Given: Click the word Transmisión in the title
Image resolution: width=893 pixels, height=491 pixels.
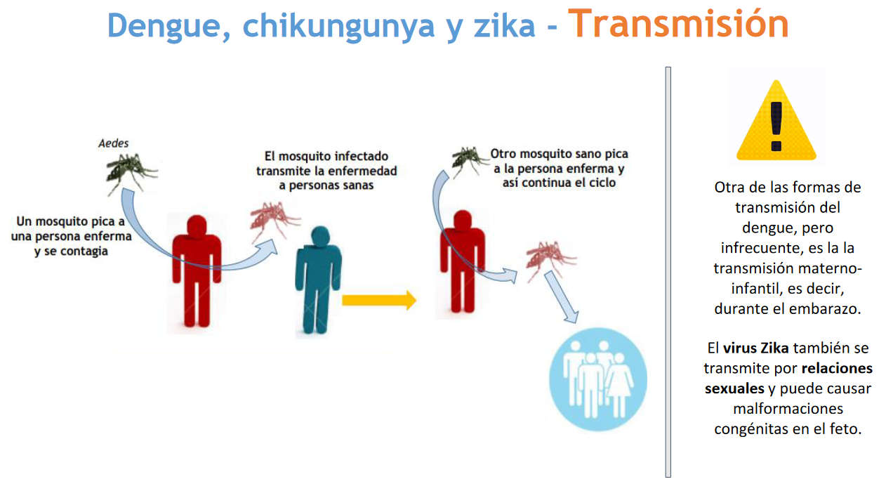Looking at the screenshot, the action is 678,24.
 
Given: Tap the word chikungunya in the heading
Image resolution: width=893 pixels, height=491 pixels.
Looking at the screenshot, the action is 338,26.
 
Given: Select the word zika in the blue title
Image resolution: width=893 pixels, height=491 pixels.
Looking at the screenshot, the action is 505,25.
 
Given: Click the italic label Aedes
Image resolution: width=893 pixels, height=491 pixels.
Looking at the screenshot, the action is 114,143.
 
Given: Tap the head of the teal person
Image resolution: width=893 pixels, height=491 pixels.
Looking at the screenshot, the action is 320,236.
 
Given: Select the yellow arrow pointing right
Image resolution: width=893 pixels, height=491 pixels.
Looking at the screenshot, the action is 379,300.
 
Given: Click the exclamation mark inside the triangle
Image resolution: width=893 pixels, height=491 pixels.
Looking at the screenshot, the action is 776,126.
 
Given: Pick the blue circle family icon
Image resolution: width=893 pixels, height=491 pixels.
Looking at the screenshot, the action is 597,379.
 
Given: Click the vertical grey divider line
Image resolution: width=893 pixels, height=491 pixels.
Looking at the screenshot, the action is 668,272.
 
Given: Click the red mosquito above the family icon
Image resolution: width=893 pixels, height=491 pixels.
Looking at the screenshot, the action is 550,258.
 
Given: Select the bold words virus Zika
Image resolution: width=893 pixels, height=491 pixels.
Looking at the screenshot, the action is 756,348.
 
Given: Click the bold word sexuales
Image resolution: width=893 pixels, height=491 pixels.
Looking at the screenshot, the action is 734,388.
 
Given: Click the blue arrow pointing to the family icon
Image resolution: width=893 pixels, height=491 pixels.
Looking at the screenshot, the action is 561,296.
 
